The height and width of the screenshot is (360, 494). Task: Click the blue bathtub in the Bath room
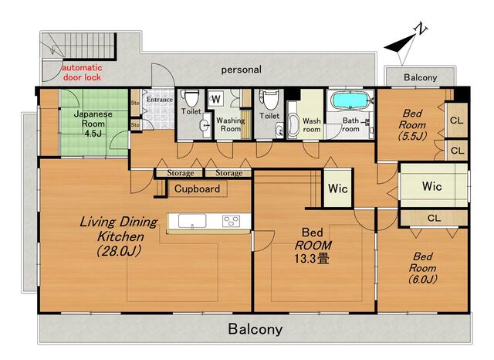click(x=349, y=100)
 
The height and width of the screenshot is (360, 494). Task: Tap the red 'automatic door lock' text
click(x=83, y=73)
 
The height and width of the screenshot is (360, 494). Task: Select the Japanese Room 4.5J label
click(x=93, y=124)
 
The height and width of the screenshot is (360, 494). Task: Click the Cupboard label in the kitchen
click(x=198, y=188)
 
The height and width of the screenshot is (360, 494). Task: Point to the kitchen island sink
click(x=192, y=221)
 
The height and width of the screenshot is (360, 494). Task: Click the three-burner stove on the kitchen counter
click(x=231, y=221)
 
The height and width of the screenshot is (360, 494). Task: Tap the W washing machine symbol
click(x=216, y=100)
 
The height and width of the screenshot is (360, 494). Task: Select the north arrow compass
click(x=405, y=44)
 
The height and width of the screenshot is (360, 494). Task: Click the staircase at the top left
click(x=79, y=46)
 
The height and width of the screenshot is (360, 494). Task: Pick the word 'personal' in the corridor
click(x=242, y=70)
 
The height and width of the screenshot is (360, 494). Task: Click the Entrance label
click(x=160, y=100)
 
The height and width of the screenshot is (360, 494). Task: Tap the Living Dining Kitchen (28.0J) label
click(x=119, y=236)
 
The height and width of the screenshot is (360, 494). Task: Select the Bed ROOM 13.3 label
click(x=312, y=246)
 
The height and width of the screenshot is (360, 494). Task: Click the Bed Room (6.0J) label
click(x=422, y=268)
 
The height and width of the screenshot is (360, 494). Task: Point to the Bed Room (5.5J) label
click(x=413, y=125)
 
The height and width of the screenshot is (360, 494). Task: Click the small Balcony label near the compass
click(x=420, y=77)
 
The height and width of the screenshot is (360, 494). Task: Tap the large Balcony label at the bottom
click(x=255, y=329)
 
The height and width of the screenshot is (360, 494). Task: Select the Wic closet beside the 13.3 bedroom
click(x=338, y=188)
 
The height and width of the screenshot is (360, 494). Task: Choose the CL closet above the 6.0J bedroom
click(x=434, y=218)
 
